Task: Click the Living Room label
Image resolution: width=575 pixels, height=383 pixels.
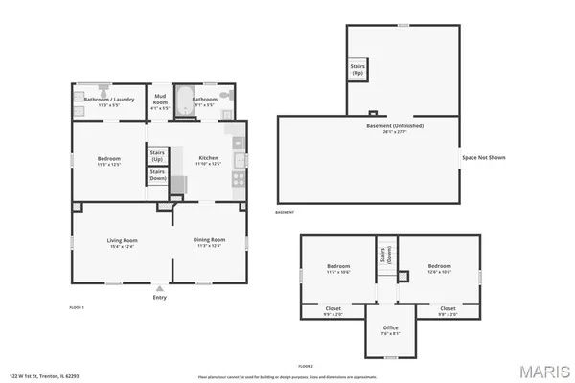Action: pos(122,240)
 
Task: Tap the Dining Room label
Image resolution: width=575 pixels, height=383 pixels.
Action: pos(209,240)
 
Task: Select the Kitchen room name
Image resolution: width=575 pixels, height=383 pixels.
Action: pos(208,157)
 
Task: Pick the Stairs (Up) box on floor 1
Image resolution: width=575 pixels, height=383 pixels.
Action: pos(156,155)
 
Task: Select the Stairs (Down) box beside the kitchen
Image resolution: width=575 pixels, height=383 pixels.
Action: pos(156,175)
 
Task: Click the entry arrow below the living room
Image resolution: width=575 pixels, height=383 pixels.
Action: pos(159,287)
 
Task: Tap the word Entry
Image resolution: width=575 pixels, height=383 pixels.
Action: pos(159,297)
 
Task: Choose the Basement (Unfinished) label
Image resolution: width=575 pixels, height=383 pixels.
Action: pos(395,126)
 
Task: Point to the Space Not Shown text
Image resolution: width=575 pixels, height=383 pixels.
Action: pos(483,157)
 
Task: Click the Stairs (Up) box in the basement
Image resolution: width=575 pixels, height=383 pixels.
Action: pos(356,70)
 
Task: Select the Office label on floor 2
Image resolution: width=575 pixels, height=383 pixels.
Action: pos(391,328)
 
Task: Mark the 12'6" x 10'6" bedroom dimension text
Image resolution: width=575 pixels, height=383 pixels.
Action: pos(440,271)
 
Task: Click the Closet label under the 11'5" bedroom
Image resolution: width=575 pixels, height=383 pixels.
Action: pos(332,308)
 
